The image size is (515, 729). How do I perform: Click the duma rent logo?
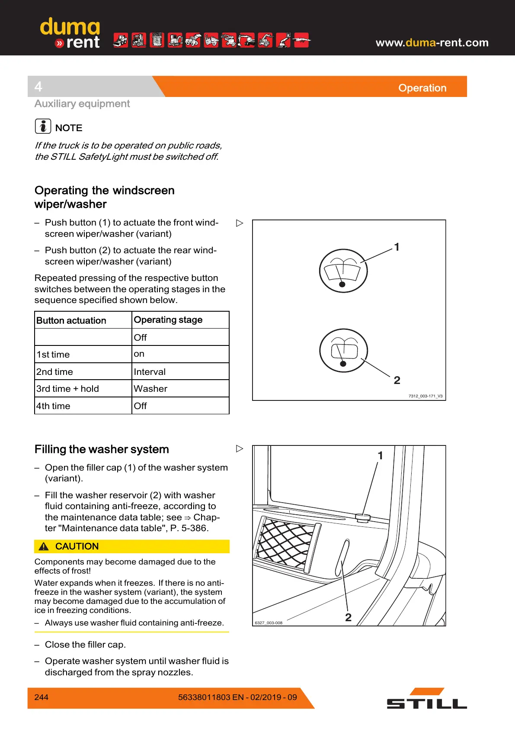pyautogui.click(x=70, y=34)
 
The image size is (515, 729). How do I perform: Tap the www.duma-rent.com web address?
pyautogui.click(x=432, y=42)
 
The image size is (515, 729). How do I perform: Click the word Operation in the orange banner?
pyautogui.click(x=422, y=88)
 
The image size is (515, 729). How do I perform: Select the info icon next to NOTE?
pyautogui.click(x=43, y=126)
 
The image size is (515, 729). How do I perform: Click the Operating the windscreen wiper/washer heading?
pyautogui.click(x=104, y=197)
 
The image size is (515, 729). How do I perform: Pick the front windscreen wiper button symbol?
pyautogui.click(x=343, y=271)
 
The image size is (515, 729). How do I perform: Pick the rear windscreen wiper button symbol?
pyautogui.click(x=343, y=350)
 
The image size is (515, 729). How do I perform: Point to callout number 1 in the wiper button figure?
pyautogui.click(x=397, y=247)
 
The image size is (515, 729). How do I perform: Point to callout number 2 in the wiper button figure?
pyautogui.click(x=397, y=380)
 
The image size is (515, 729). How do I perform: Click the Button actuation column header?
pyautogui.click(x=71, y=320)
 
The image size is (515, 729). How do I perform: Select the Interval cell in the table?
pyautogui.click(x=150, y=372)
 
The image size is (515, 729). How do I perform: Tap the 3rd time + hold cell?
pyautogui.click(x=67, y=389)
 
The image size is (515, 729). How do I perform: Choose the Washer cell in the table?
pyautogui.click(x=150, y=389)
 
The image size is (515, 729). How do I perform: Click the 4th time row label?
pyautogui.click(x=53, y=406)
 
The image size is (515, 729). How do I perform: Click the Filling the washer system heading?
pyautogui.click(x=102, y=449)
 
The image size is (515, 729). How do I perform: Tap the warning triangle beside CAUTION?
pyautogui.click(x=44, y=546)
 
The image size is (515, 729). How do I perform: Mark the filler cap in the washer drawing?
pyautogui.click(x=363, y=517)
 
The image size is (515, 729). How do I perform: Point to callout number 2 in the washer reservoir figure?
pyautogui.click(x=348, y=617)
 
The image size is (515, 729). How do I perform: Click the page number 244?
pyautogui.click(x=41, y=697)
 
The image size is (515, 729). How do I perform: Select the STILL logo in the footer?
pyautogui.click(x=426, y=699)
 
